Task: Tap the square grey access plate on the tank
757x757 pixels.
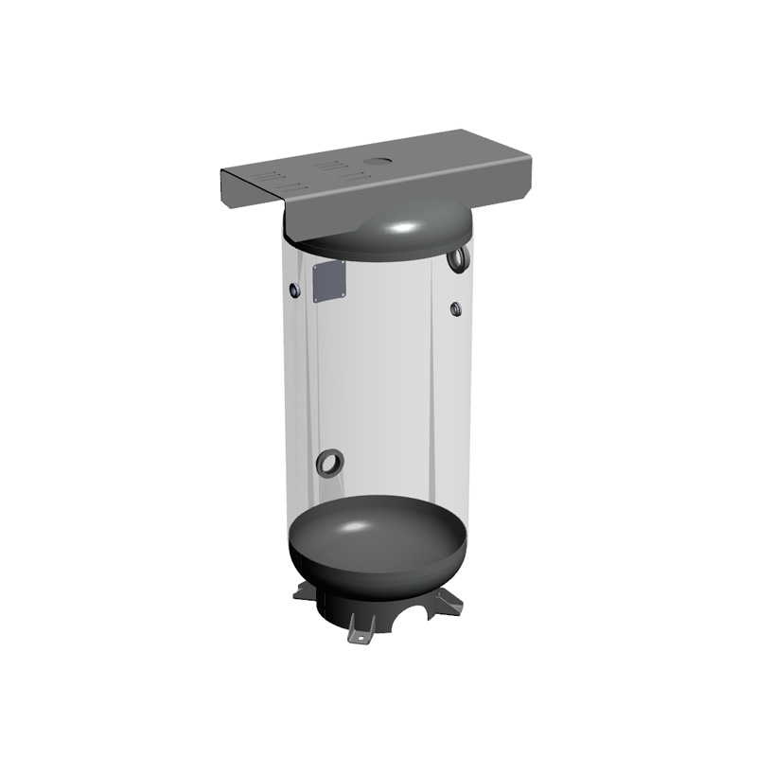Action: point(328,281)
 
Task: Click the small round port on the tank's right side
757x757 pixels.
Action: point(455,308)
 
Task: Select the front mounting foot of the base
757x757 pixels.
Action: point(361,629)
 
